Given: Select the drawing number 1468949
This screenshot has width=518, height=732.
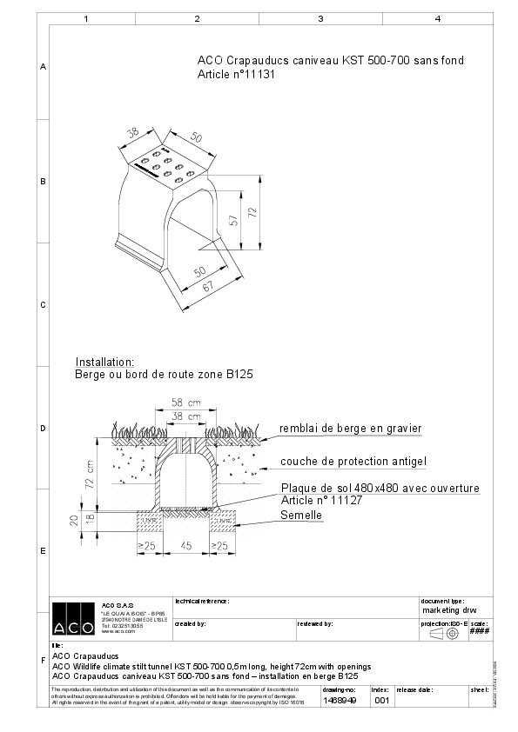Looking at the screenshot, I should click(x=339, y=699).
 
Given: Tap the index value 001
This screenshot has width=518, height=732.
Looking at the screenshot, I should click(x=381, y=699).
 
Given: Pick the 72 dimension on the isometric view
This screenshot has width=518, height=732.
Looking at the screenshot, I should click(x=252, y=212).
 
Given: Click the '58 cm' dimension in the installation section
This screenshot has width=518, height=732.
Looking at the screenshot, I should click(x=178, y=403).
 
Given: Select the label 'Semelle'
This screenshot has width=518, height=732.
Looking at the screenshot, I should click(x=301, y=516).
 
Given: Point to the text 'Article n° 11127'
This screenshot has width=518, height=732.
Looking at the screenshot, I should click(x=323, y=501).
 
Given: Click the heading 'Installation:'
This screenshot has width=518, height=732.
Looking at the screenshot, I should click(x=104, y=362).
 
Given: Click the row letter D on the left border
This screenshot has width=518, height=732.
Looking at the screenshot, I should click(x=43, y=429).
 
